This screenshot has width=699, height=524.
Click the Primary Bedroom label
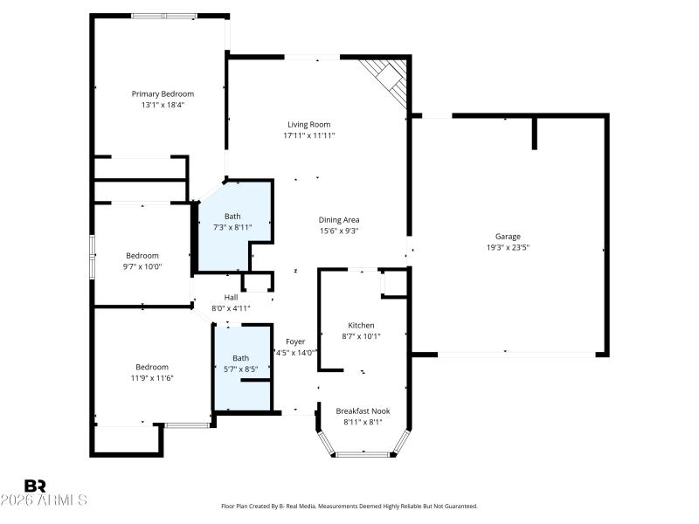pyautogui.click(x=163, y=93)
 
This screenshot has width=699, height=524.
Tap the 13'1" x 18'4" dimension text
pyautogui.click(x=163, y=105)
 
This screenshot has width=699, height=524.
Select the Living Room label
pyautogui.click(x=309, y=124)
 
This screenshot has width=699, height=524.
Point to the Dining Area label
pyautogui.click(x=338, y=219)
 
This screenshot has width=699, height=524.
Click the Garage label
pyautogui.click(x=508, y=236)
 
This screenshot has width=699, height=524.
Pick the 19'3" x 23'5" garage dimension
pyautogui.click(x=508, y=247)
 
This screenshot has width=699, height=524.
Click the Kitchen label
pyautogui.click(x=361, y=325)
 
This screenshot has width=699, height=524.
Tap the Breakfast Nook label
pyautogui.click(x=363, y=410)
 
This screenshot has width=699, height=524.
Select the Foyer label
pyautogui.click(x=294, y=341)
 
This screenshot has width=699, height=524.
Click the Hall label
pyautogui.click(x=231, y=297)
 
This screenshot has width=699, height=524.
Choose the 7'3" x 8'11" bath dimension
pyautogui.click(x=232, y=227)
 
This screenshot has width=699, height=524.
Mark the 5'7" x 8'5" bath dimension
pyautogui.click(x=240, y=369)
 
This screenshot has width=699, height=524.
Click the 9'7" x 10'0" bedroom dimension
pyautogui.click(x=142, y=266)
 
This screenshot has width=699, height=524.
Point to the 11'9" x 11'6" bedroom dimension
pyautogui.click(x=151, y=377)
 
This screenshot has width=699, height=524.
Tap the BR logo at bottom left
pyautogui.click(x=35, y=486)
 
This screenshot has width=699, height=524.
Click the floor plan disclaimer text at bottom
pyautogui.click(x=349, y=506)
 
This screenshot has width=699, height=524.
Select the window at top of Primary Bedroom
pyautogui.click(x=163, y=16)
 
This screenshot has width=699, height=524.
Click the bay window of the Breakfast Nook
pyautogui.click(x=363, y=453)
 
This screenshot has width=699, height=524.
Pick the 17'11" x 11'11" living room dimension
pyautogui.click(x=309, y=135)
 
